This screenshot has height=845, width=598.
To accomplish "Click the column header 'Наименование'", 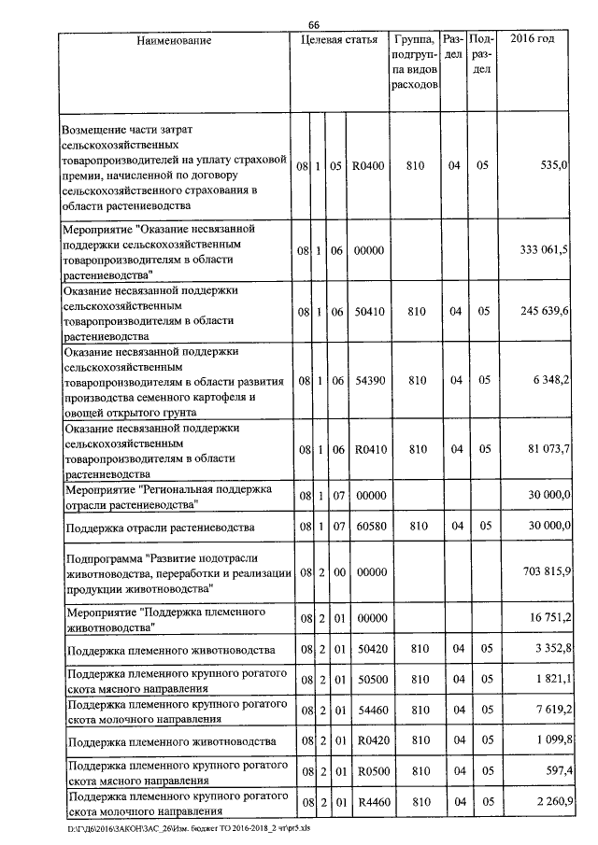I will [174, 40].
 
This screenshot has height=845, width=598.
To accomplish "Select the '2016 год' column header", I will [534, 40].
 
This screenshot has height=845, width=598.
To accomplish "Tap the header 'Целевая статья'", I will [339, 40].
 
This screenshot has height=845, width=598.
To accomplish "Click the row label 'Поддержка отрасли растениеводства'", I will [160, 528].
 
